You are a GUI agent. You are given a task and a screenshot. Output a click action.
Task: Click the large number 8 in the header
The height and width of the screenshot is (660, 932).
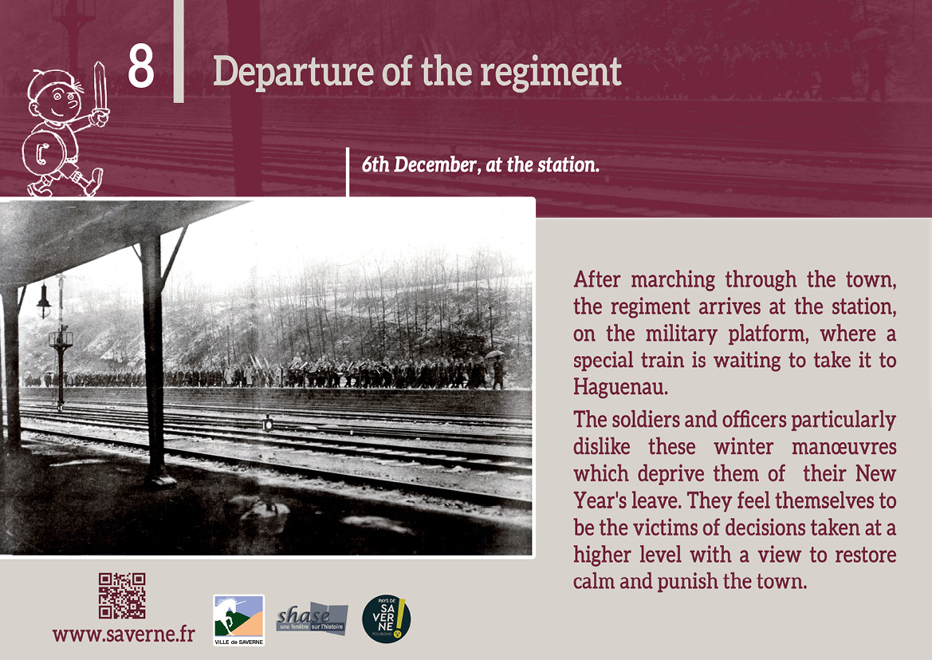[141, 67]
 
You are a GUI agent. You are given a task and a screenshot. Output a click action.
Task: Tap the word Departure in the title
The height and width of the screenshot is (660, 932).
[293, 73]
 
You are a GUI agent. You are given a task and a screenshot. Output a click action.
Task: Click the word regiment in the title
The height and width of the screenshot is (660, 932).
[550, 73]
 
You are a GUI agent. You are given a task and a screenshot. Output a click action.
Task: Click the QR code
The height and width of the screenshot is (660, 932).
[122, 595]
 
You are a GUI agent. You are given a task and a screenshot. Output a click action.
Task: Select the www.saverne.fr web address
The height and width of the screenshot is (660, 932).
[124, 634]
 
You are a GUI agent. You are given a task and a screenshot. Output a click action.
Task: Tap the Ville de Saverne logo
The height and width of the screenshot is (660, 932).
[238, 620]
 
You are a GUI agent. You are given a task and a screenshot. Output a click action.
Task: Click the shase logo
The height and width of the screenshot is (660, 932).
[312, 619]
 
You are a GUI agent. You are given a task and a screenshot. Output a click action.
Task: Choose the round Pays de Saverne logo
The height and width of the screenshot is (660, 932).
[386, 619]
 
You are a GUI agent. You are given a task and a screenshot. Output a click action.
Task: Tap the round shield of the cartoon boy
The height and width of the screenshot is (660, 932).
[44, 153]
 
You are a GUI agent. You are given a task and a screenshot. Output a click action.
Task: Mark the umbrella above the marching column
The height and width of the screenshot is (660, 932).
[494, 354]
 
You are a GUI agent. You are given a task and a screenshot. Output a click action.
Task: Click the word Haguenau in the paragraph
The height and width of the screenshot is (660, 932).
[620, 387]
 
